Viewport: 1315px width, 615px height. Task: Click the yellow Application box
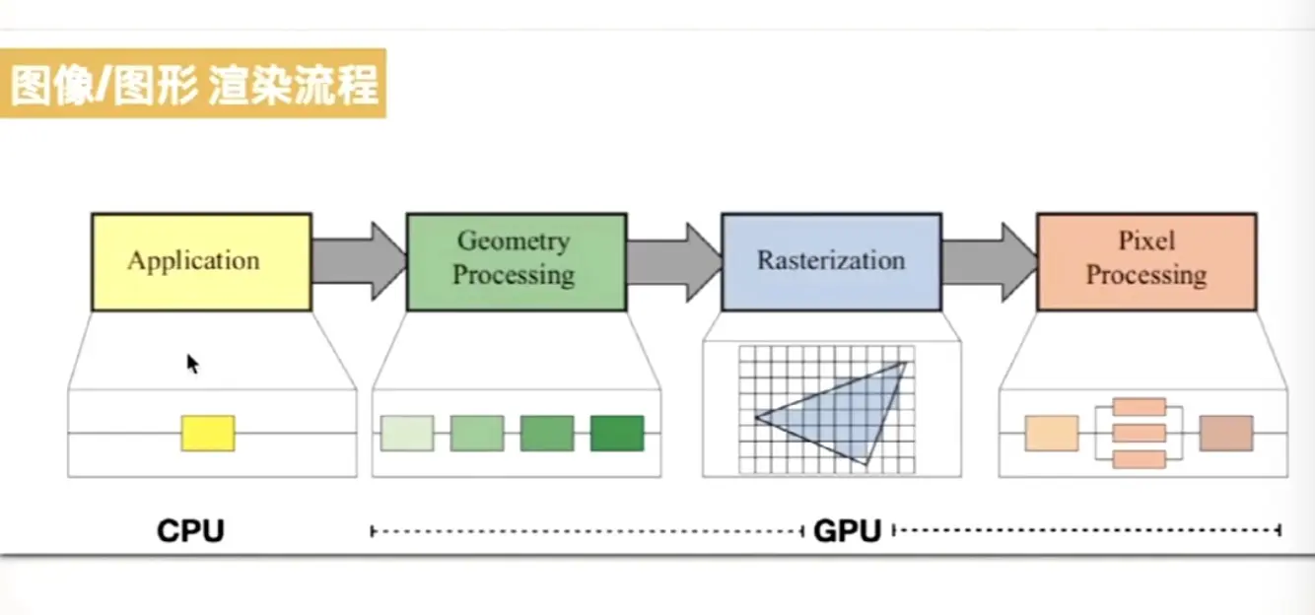coord(201,261)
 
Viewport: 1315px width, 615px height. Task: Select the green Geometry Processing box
coord(516,261)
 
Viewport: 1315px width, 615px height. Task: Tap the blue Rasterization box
coord(831,261)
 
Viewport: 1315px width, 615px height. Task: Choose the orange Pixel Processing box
coord(1146,261)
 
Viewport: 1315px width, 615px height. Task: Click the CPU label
coord(190,531)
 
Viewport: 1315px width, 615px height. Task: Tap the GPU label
coord(847,531)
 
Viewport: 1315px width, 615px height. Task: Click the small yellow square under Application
coord(208,434)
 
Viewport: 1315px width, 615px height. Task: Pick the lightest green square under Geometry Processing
coord(407,434)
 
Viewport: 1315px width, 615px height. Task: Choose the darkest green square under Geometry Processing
coord(617,434)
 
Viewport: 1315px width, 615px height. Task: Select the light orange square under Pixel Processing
coord(1051,434)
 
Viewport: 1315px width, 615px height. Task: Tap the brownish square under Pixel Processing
coord(1226,434)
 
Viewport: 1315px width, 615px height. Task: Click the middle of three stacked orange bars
coord(1139,433)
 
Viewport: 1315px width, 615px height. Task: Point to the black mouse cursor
coord(192,364)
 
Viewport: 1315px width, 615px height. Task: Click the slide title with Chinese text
coord(193,85)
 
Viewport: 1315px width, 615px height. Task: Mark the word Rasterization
coord(831,261)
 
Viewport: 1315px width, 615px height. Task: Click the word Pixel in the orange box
coord(1146,241)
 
